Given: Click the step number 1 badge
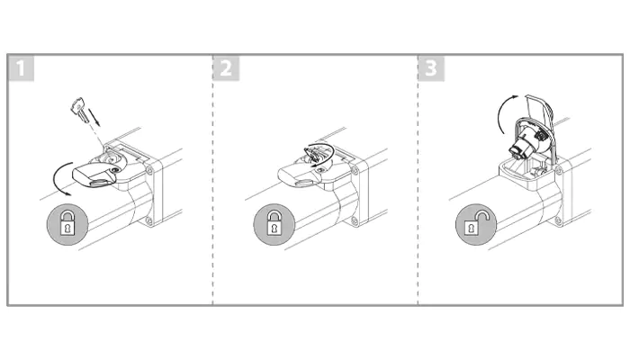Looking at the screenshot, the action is pos(22,68).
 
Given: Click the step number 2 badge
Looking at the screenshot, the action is pos(226,68).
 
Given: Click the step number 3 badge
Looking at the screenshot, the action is pos(431,68).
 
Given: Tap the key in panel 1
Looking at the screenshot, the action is pos(80,109).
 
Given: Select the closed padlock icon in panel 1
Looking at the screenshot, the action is pos(67,225).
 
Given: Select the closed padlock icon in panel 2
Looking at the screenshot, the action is pos(274,225).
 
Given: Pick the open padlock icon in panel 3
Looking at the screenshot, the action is pos(476,225).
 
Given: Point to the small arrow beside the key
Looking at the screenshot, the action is pos(94,116).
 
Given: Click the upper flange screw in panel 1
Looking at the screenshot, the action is pos(150,171).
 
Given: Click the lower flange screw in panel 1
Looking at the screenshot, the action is pos(148,220).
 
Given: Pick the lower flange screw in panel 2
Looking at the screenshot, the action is pos(355,220).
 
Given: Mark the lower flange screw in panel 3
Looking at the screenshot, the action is pos(558,220).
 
